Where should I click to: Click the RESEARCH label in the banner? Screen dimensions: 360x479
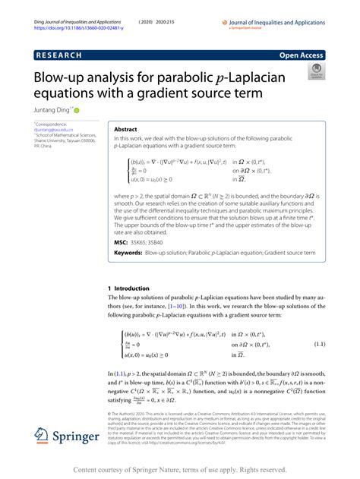tap(60, 56)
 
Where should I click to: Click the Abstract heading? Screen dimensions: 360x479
tap(126, 130)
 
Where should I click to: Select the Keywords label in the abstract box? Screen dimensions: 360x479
tap(128, 252)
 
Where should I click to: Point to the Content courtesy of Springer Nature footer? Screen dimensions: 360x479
tap(180, 470)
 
